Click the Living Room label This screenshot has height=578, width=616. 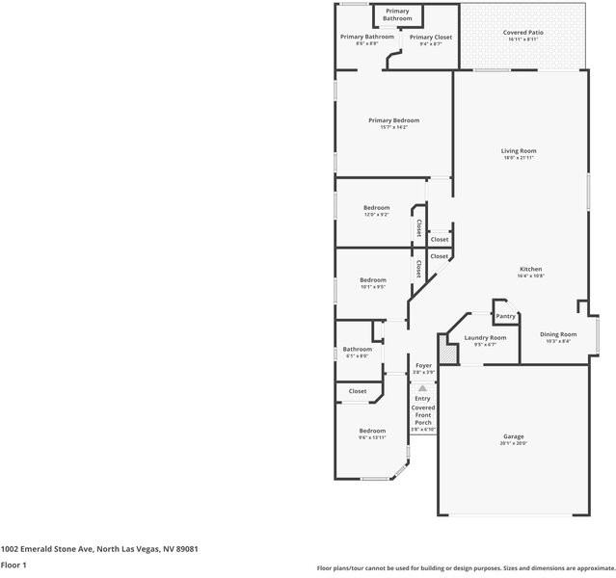tap(519, 150)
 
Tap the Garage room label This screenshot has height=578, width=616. tap(513, 436)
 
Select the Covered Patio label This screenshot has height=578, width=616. tap(522, 33)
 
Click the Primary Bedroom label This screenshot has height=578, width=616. tap(393, 120)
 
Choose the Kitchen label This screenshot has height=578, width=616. tap(530, 269)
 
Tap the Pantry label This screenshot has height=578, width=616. tap(505, 316)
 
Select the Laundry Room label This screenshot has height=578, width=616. tap(485, 337)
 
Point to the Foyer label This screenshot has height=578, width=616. tap(423, 365)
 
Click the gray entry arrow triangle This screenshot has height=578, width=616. tap(422, 386)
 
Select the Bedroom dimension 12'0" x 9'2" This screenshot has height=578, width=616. tap(376, 215)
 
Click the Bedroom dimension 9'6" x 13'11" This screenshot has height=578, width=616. tap(372, 437)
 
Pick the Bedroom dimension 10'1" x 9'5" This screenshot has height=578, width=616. tap(372, 286)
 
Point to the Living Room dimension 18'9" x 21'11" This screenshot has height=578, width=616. tap(519, 158)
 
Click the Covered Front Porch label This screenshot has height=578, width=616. tap(423, 414)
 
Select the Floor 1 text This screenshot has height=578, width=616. tap(13, 565)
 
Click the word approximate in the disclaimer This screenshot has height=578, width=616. tap(594, 568)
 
